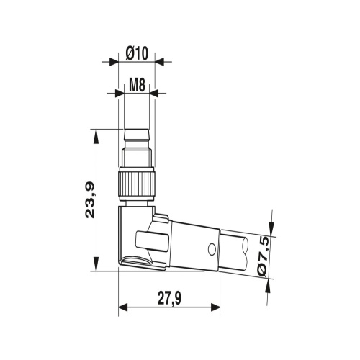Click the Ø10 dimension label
click(136, 52)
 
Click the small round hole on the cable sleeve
click(211, 249)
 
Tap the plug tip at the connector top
click(136, 135)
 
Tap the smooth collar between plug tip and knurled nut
click(136, 157)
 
